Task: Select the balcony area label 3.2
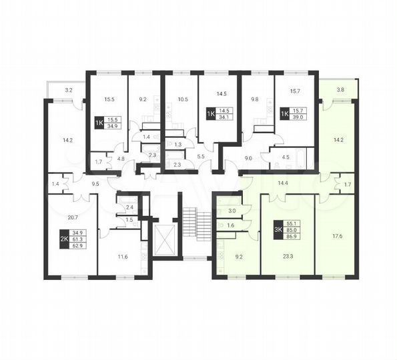click(69, 89)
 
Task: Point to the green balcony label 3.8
click(341, 89)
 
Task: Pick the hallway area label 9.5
click(95, 183)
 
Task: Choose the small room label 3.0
click(232, 211)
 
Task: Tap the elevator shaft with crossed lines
click(163, 239)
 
